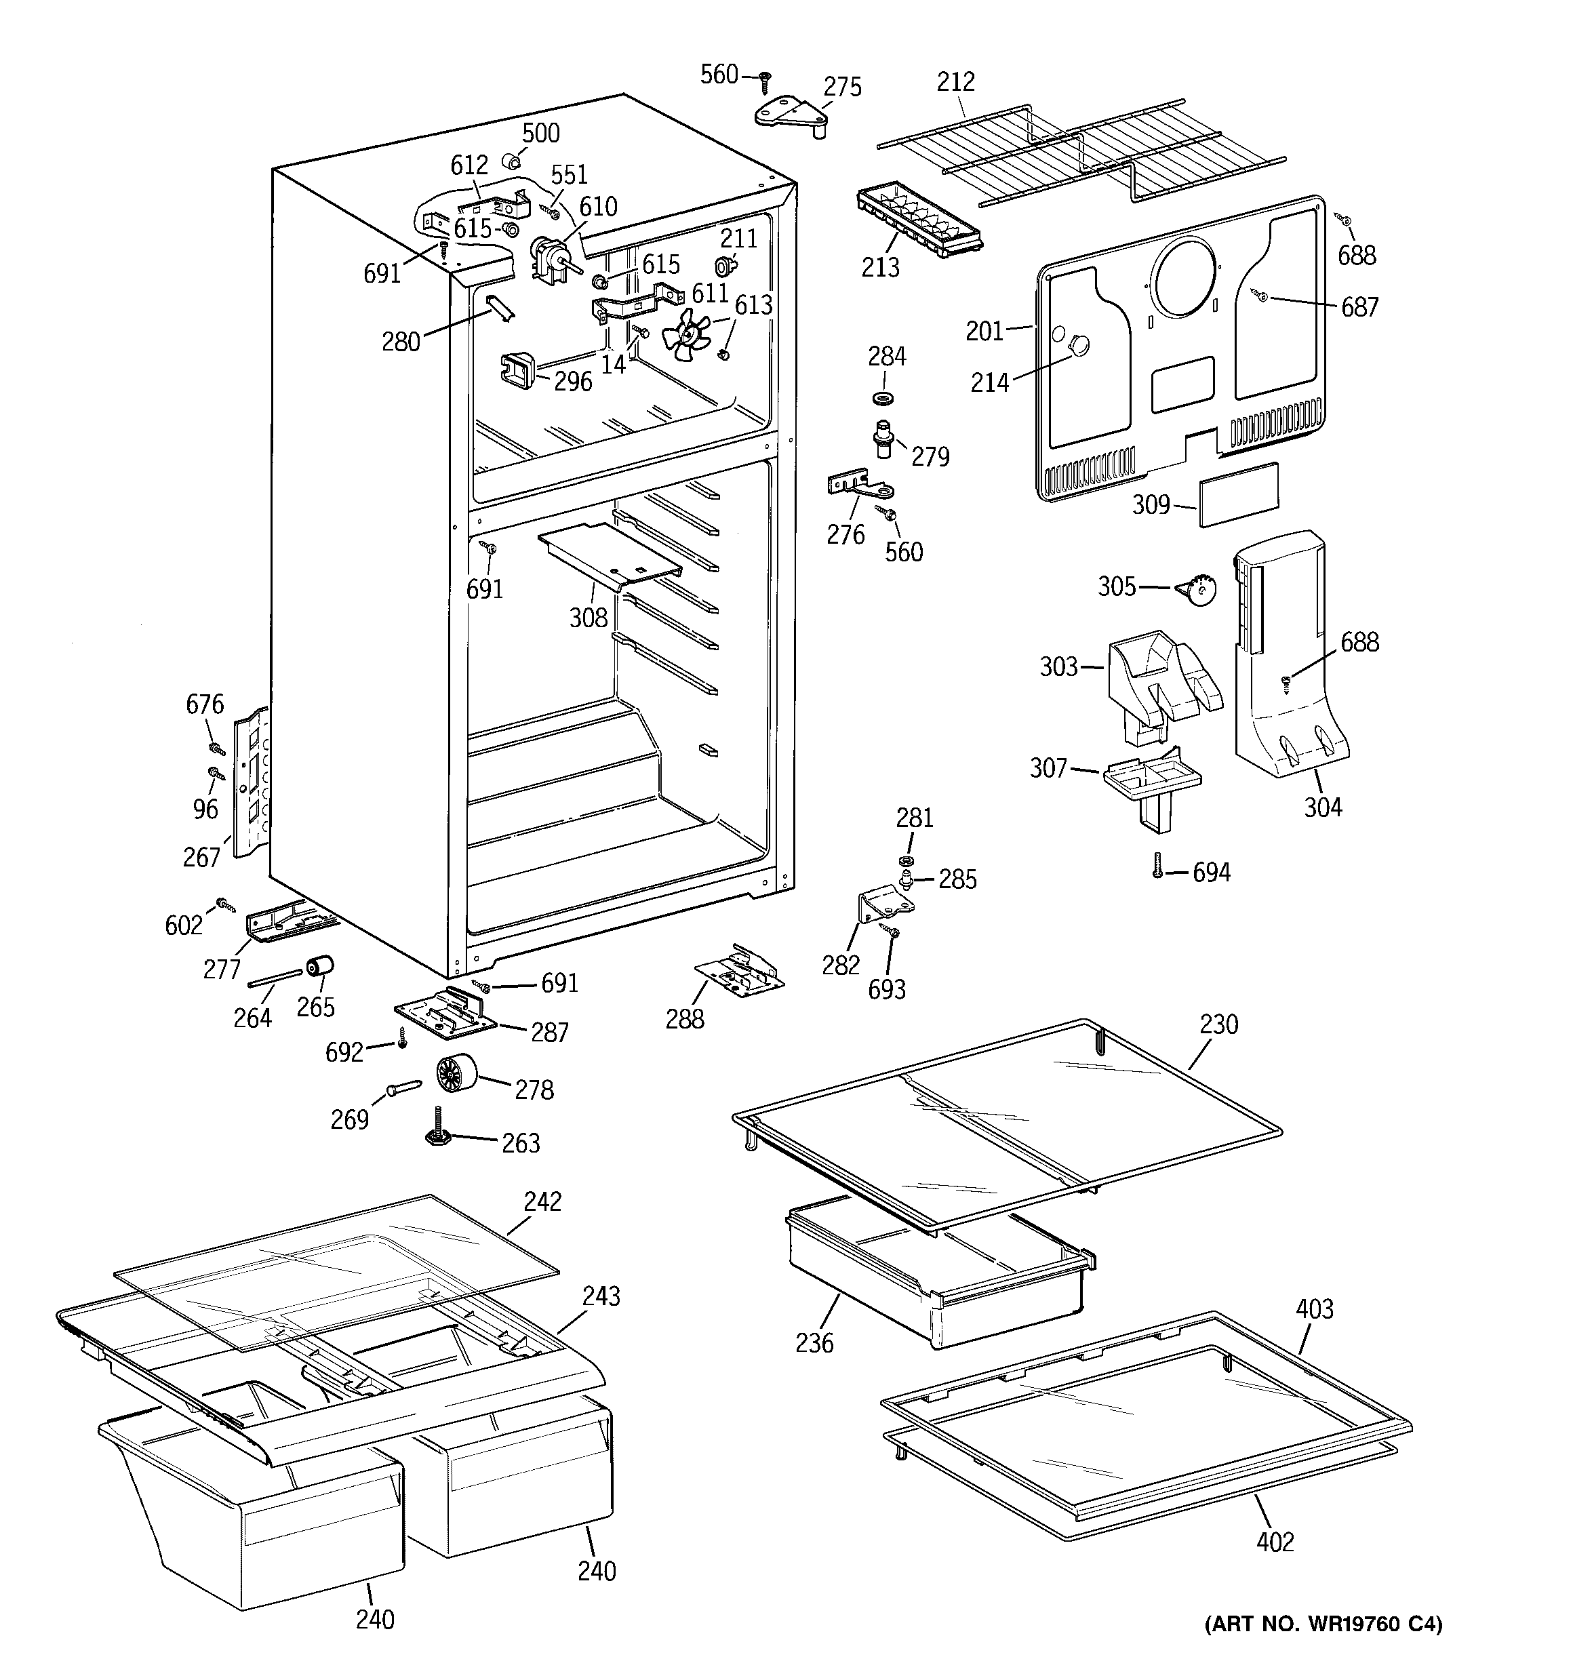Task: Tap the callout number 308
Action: tap(588, 618)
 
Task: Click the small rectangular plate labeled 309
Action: tap(1239, 495)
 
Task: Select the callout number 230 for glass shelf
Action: tap(1218, 1024)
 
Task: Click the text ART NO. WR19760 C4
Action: tap(1323, 1623)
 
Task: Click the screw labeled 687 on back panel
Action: tap(1261, 296)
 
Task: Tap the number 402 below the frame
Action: tap(1274, 1542)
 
